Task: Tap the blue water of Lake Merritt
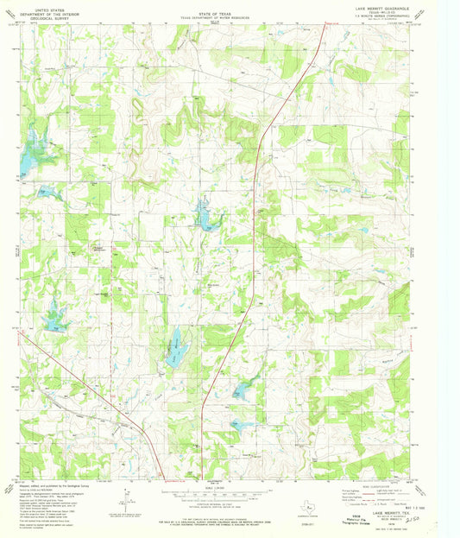(175, 345)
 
